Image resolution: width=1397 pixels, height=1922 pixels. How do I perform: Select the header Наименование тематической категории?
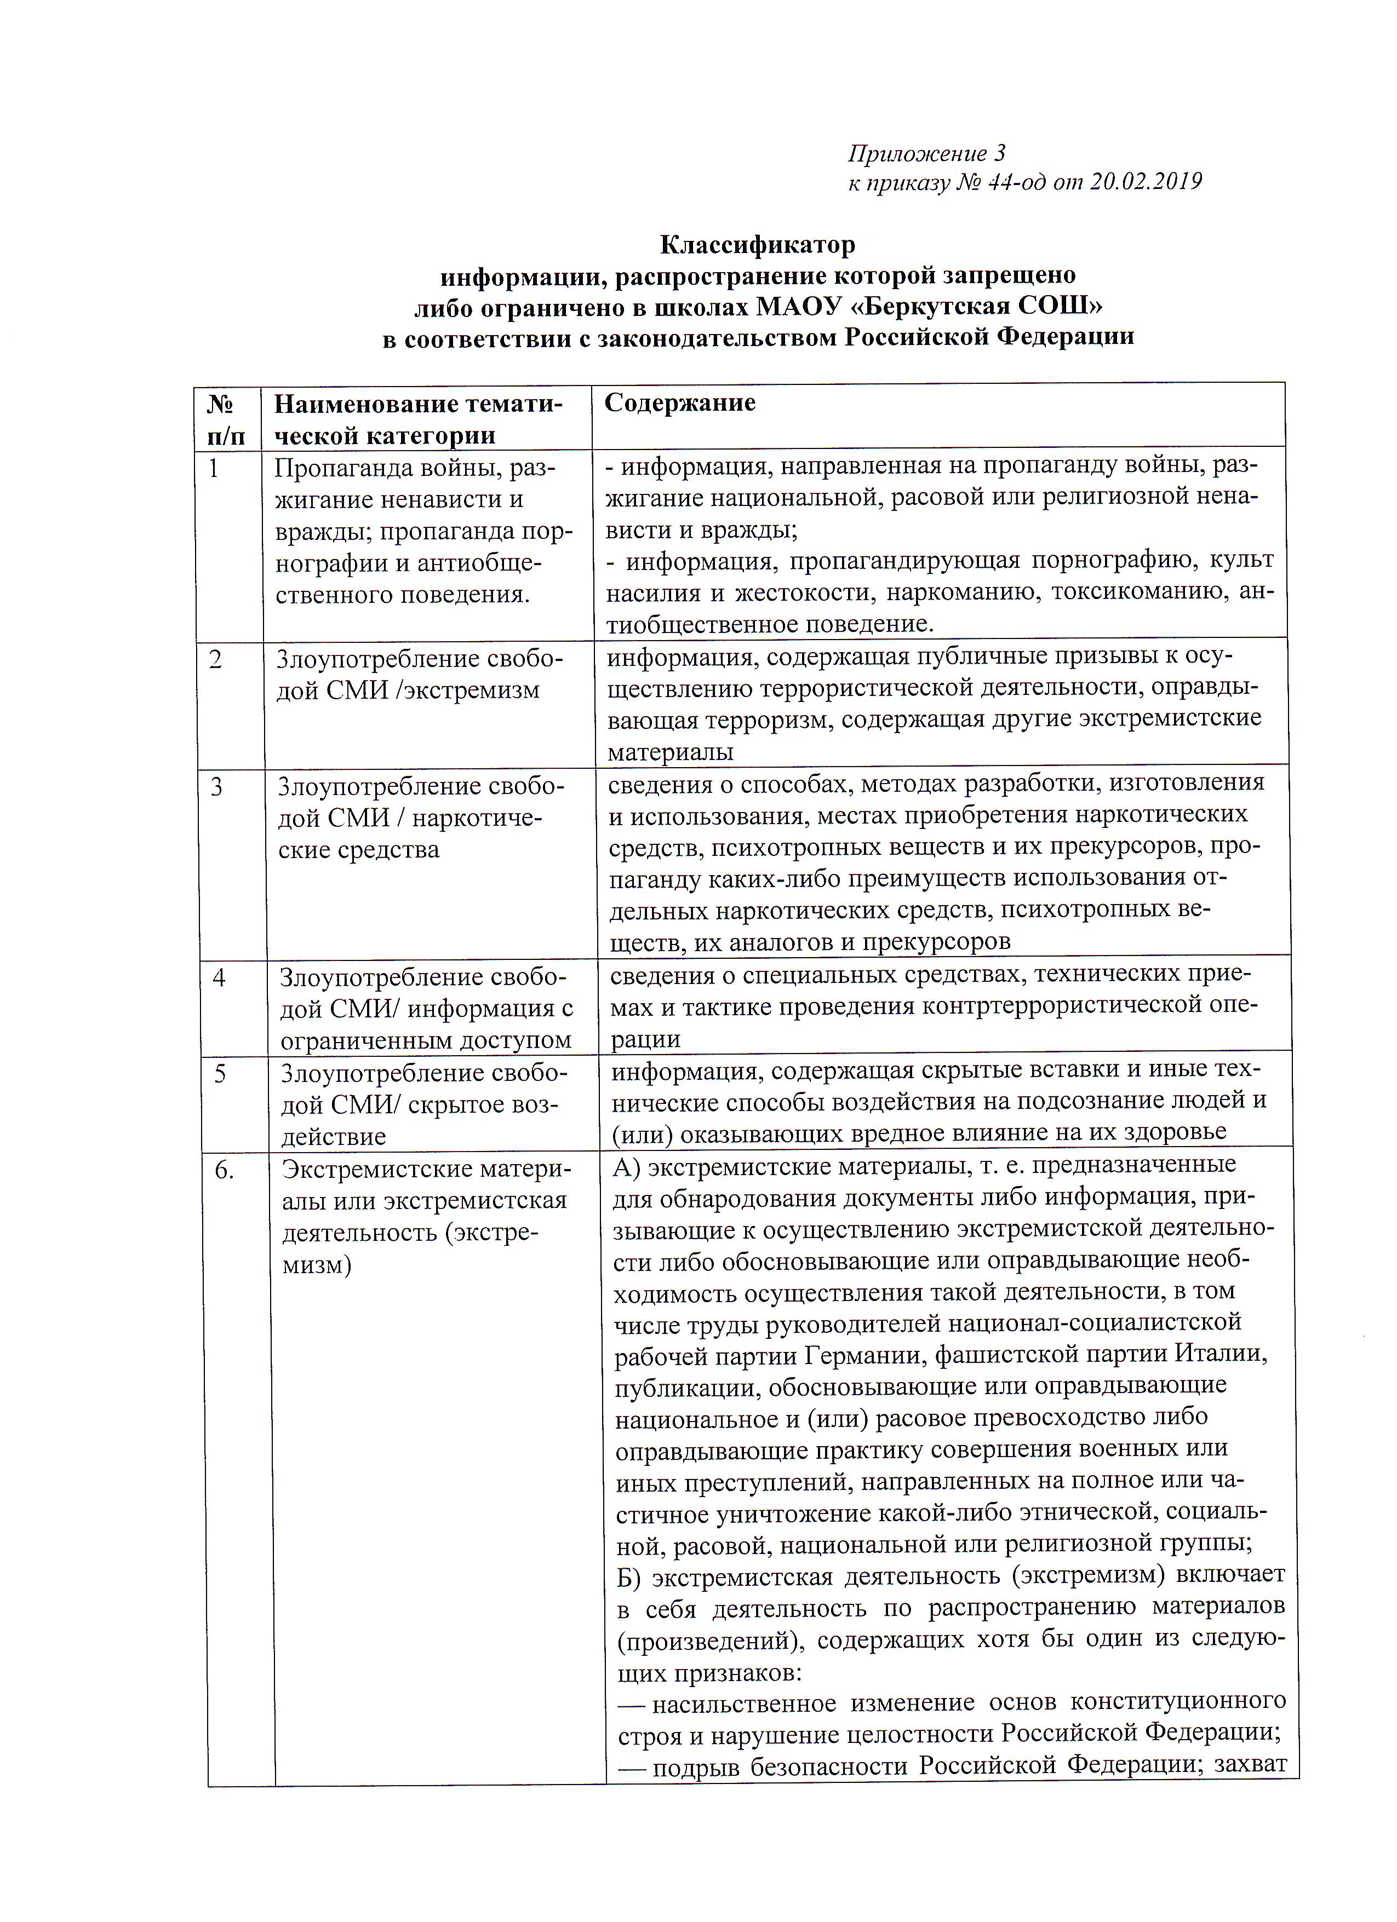click(x=418, y=419)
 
